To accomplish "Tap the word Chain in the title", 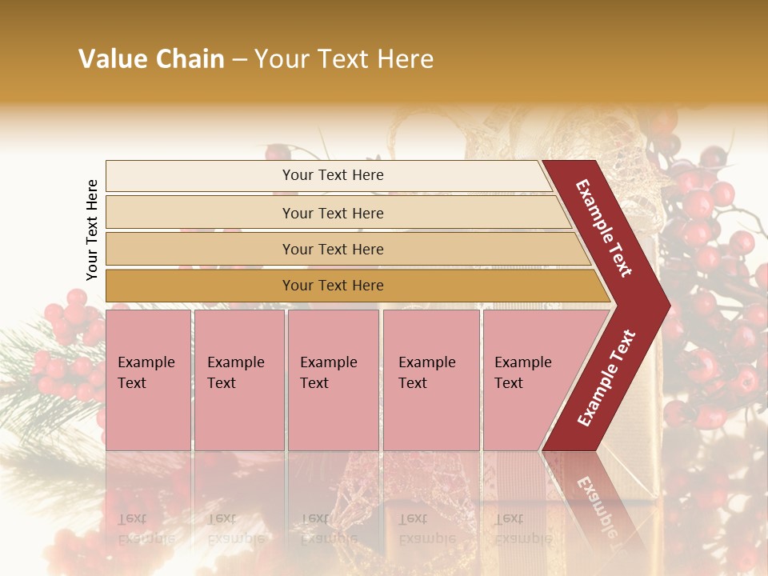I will click(x=190, y=59).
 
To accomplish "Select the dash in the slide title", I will click(x=238, y=60).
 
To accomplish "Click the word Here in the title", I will click(x=405, y=59).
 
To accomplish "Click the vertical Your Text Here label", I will click(x=92, y=230).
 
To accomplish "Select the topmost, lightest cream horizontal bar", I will click(x=328, y=175).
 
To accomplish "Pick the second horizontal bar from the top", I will click(x=336, y=213).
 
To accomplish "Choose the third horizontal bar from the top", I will click(x=344, y=249).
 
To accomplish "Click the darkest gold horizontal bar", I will click(x=352, y=286).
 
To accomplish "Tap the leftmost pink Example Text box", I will click(x=148, y=379).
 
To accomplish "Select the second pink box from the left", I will click(x=238, y=379).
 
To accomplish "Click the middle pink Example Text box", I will click(x=333, y=379).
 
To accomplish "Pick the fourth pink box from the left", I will click(x=430, y=379).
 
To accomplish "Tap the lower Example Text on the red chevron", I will click(x=606, y=378).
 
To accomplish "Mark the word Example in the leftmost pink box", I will click(x=146, y=362).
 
